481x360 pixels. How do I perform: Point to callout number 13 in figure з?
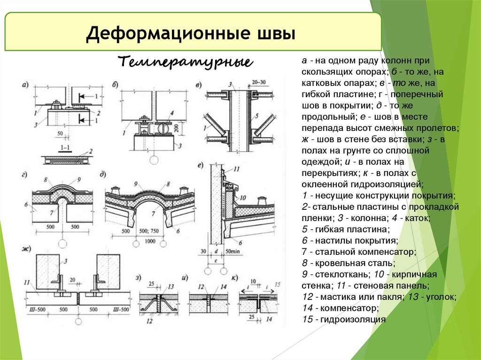171,286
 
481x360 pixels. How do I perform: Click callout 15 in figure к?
277,284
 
